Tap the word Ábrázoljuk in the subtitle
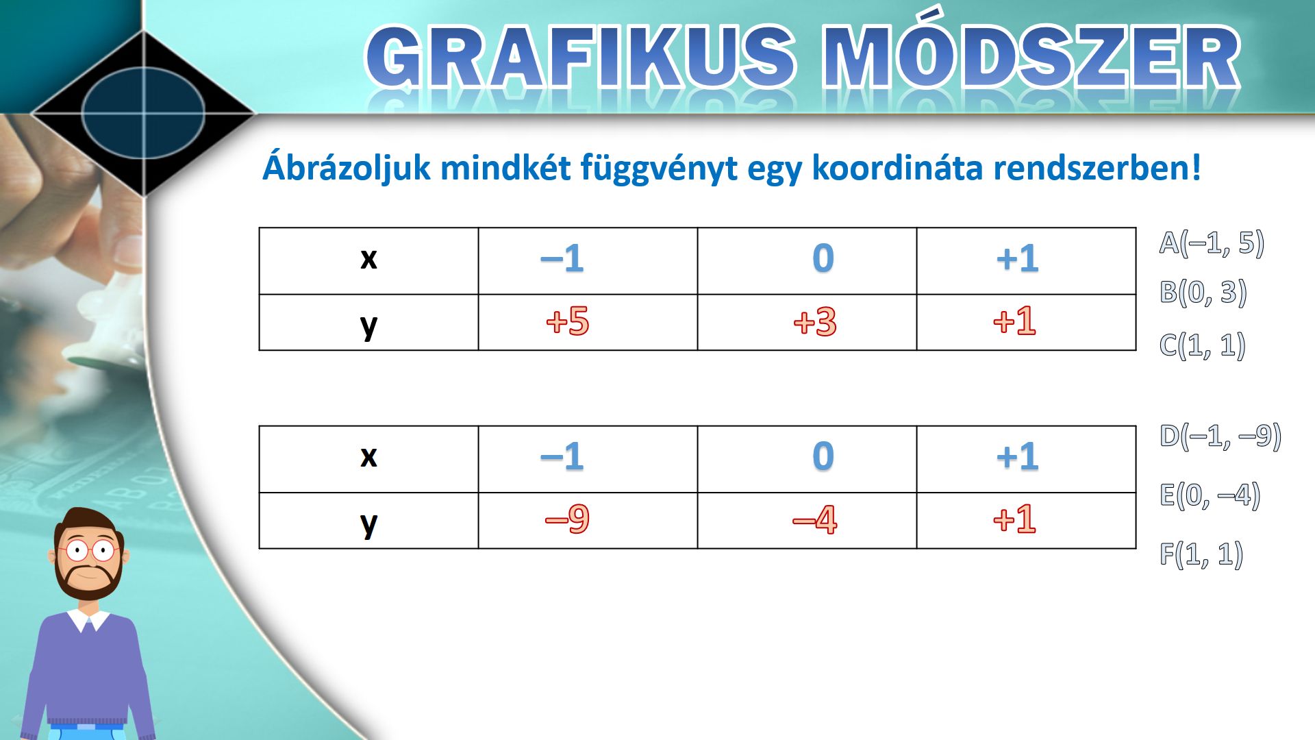pyautogui.click(x=347, y=169)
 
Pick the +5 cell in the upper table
pyautogui.click(x=567, y=321)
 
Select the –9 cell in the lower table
pyautogui.click(x=567, y=519)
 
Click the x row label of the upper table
pyautogui.click(x=368, y=259)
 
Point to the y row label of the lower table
pyautogui.click(x=368, y=524)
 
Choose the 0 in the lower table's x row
pyautogui.click(x=823, y=456)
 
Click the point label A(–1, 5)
pyautogui.click(x=1211, y=243)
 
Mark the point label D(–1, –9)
pyautogui.click(x=1220, y=436)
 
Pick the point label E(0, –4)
pyautogui.click(x=1210, y=495)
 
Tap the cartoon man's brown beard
pyautogui.click(x=88, y=580)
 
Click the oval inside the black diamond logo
pyautogui.click(x=143, y=112)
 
